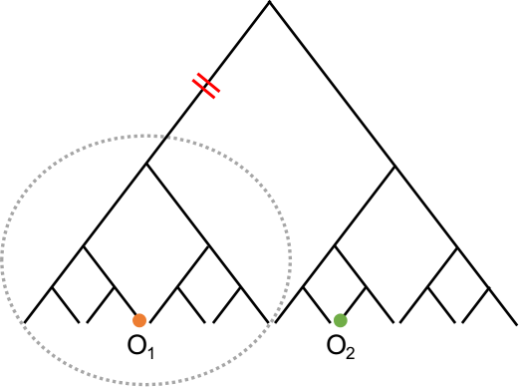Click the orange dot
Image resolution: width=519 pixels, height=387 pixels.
(x=139, y=320)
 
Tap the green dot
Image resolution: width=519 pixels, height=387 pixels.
(x=341, y=320)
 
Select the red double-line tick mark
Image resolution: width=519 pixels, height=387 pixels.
(x=206, y=86)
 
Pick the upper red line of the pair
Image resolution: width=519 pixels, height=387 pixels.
(x=209, y=83)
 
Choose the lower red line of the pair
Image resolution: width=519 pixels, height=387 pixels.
(x=203, y=89)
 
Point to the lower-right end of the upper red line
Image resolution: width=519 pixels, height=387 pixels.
(x=219, y=92)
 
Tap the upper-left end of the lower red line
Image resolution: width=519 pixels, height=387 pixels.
(x=193, y=80)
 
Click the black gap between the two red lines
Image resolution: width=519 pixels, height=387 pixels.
(x=206, y=86)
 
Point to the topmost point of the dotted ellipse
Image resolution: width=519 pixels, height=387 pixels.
(x=146, y=136)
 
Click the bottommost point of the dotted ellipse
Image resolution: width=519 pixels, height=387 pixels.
(x=146, y=384)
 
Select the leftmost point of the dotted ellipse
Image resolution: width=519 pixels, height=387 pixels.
(x=2, y=259)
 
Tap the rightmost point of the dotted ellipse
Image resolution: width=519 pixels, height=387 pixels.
(x=291, y=259)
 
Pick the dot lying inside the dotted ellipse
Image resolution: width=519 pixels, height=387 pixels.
(x=139, y=320)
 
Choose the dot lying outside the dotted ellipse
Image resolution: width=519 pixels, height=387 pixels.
(x=341, y=320)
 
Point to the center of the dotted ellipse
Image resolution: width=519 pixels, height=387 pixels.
(x=146, y=259)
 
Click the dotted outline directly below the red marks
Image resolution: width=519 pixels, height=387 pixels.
(x=206, y=147)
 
